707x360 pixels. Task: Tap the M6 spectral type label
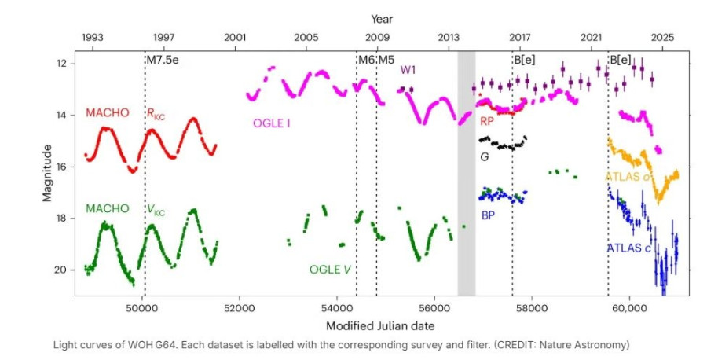(x=366, y=60)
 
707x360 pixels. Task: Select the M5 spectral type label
(x=386, y=60)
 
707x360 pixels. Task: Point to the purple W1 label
(x=408, y=70)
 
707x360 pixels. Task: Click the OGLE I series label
(x=273, y=123)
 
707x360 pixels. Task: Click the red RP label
(x=488, y=122)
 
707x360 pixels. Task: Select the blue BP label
(x=488, y=214)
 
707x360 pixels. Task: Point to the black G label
(x=485, y=157)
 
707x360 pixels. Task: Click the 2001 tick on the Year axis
(x=235, y=37)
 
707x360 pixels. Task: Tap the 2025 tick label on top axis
(x=663, y=37)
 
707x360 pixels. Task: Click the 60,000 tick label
(x=630, y=309)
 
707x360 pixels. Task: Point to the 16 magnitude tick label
(x=68, y=167)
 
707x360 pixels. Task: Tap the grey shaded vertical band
(x=467, y=173)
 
